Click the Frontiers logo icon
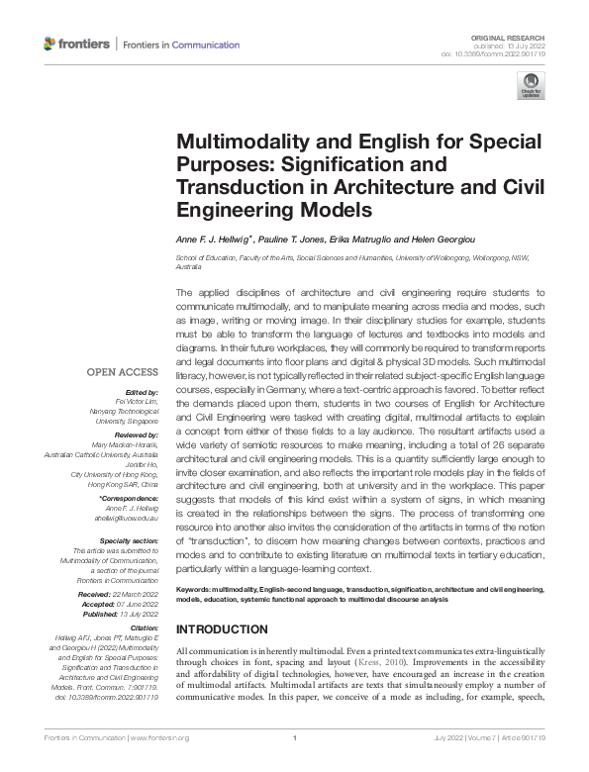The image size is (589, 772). click(50, 45)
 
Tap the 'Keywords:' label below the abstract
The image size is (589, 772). click(196, 588)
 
